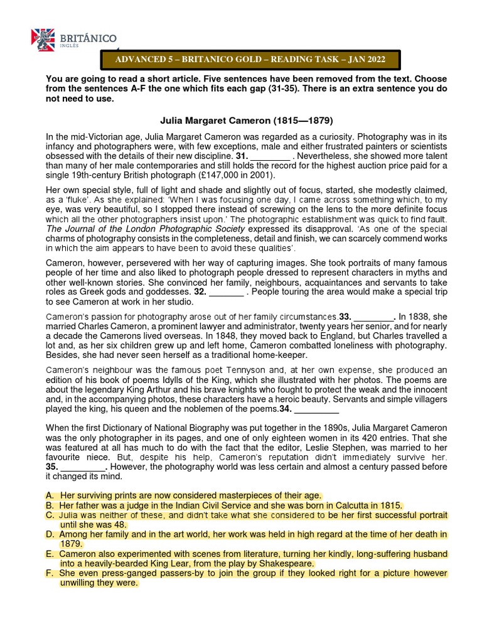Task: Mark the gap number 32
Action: pyautogui.click(x=200, y=292)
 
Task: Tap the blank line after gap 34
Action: pyautogui.click(x=316, y=410)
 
